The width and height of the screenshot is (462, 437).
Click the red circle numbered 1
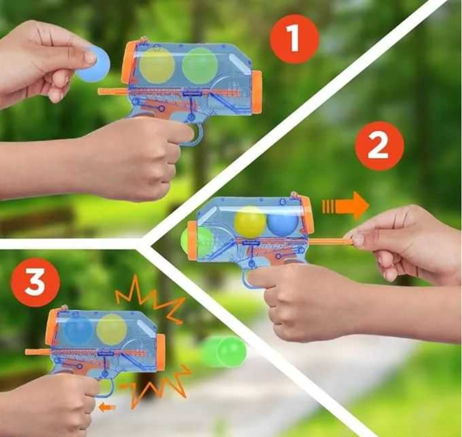[294, 38]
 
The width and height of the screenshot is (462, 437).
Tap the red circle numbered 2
[379, 145]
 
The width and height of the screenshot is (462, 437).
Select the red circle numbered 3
[35, 282]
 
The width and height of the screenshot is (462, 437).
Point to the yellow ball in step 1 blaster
[157, 65]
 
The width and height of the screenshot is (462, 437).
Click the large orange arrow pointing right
[346, 206]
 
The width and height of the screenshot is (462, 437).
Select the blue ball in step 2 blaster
[282, 221]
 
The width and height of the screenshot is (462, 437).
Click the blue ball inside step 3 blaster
[78, 330]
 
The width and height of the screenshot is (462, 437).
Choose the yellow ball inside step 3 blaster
[112, 330]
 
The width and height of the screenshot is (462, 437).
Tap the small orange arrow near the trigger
[107, 408]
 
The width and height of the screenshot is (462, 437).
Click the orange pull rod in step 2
[331, 242]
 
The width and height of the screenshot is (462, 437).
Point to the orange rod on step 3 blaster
[38, 351]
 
